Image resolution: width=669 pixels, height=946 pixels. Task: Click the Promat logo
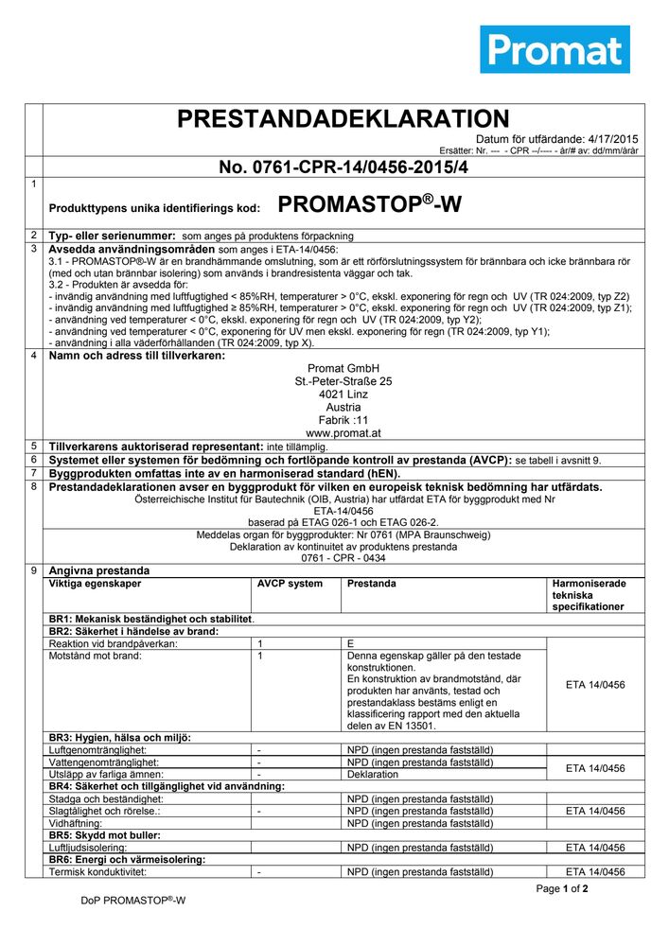[x=555, y=49]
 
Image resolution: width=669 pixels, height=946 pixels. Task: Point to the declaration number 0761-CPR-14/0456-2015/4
[x=343, y=167]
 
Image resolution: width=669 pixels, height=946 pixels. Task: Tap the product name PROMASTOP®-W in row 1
[x=370, y=205]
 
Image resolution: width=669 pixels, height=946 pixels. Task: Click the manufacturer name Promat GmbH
[x=343, y=368]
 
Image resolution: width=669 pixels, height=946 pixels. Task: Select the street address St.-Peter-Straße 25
[x=343, y=381]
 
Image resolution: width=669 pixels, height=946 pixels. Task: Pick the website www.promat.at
[x=343, y=433]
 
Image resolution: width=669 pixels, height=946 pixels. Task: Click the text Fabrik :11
[x=343, y=420]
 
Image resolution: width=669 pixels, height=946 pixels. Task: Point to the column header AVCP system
[x=290, y=584]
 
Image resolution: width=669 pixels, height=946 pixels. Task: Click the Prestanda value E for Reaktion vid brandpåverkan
[x=351, y=643]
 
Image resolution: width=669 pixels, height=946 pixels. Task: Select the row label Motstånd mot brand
[x=95, y=656]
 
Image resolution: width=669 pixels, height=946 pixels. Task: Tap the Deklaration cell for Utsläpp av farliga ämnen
[x=373, y=774]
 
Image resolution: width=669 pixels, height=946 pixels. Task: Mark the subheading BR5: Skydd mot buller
[x=104, y=835]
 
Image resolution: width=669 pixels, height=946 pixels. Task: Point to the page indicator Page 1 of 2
[x=562, y=889]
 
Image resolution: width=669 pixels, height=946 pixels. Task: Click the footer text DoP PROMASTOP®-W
[x=132, y=901]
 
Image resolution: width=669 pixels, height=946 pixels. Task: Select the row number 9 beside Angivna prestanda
[x=33, y=570]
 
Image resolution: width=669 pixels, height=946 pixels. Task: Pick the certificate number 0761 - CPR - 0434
[x=343, y=558]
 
